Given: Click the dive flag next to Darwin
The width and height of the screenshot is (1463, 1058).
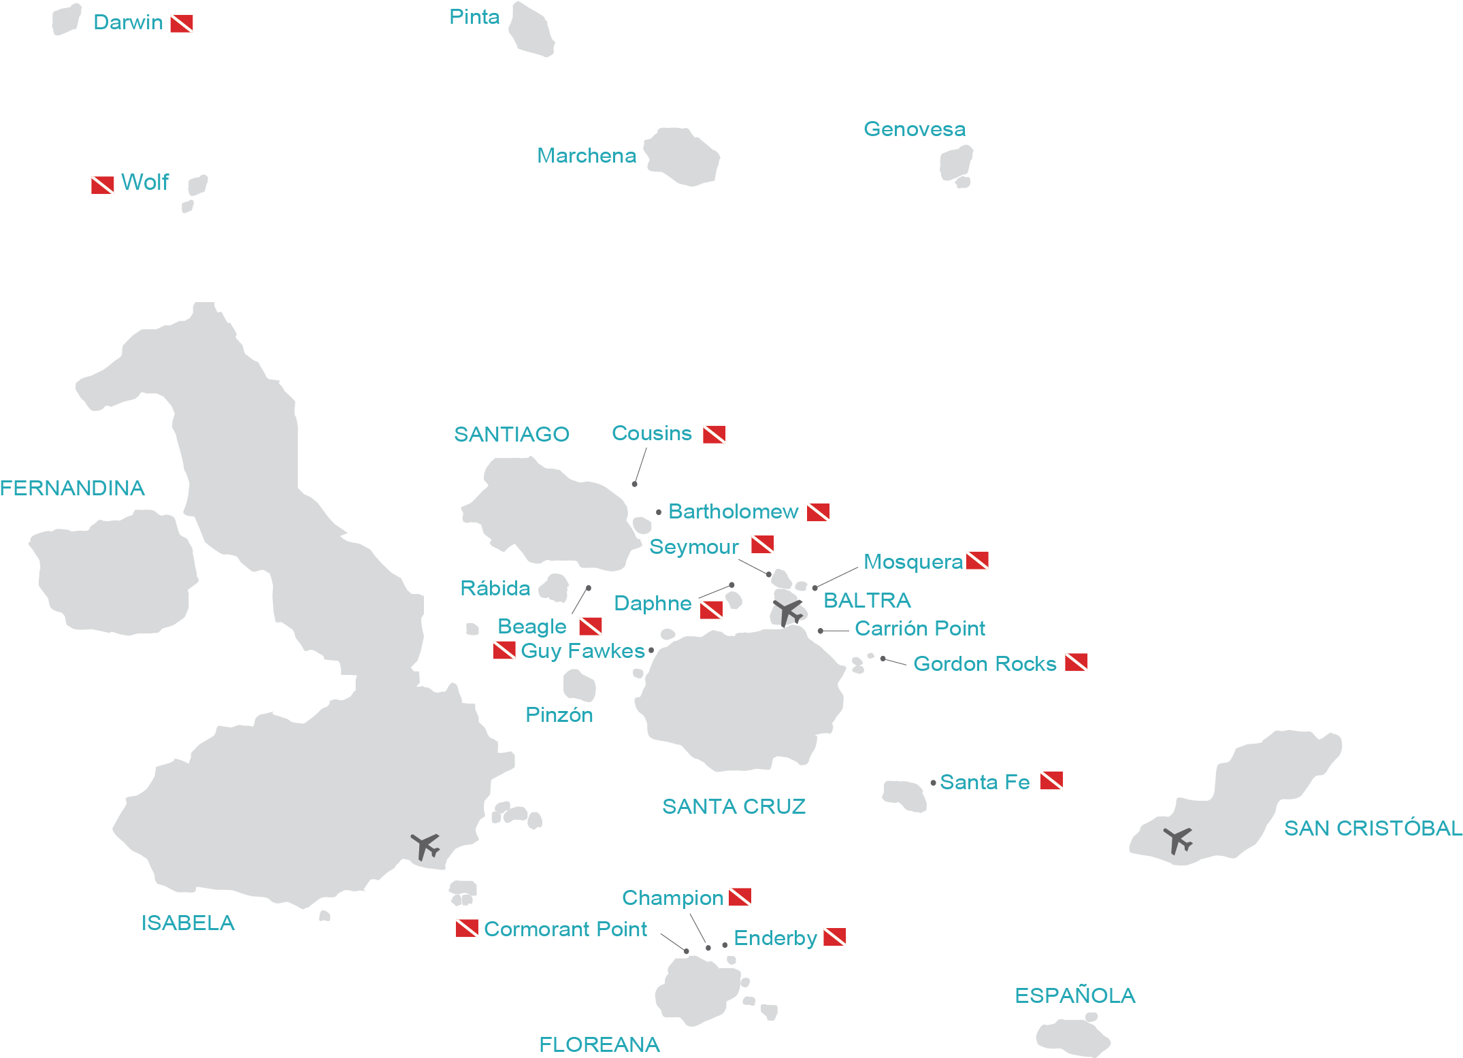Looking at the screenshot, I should point(182,24).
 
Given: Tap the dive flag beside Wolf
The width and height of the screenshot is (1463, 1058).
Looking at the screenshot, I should point(103,185).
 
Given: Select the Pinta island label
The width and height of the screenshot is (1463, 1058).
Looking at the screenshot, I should point(474,17).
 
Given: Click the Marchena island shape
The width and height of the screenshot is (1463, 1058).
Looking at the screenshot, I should point(683,156).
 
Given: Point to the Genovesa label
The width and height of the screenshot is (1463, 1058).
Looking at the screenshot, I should point(914,129).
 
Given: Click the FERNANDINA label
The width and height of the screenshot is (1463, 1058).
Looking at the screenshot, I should point(72,488).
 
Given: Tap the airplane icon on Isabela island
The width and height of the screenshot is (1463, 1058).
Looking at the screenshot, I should point(425,846).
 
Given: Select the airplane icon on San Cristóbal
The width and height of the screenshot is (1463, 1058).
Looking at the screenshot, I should point(1178,840).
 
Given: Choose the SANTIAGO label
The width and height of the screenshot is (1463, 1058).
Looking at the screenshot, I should point(511,434).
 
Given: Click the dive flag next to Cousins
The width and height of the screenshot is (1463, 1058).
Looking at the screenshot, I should point(714,434).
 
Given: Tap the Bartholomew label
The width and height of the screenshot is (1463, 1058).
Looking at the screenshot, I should point(733,512).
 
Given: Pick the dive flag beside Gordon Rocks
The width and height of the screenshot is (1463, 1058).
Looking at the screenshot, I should point(1076,662).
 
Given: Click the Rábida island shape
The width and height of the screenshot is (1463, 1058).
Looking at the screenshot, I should point(555,587).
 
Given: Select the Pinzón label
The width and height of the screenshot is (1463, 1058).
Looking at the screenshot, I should point(559,715).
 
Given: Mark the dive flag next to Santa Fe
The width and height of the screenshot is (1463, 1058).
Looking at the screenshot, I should point(1051,781).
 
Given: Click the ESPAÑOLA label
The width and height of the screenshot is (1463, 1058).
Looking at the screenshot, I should point(1074,995).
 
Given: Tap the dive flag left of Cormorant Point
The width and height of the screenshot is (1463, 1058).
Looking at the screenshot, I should point(467,928).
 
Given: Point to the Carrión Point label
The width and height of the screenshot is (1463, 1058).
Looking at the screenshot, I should point(919,629).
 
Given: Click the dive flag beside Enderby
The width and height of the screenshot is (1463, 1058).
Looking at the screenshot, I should point(835,938).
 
